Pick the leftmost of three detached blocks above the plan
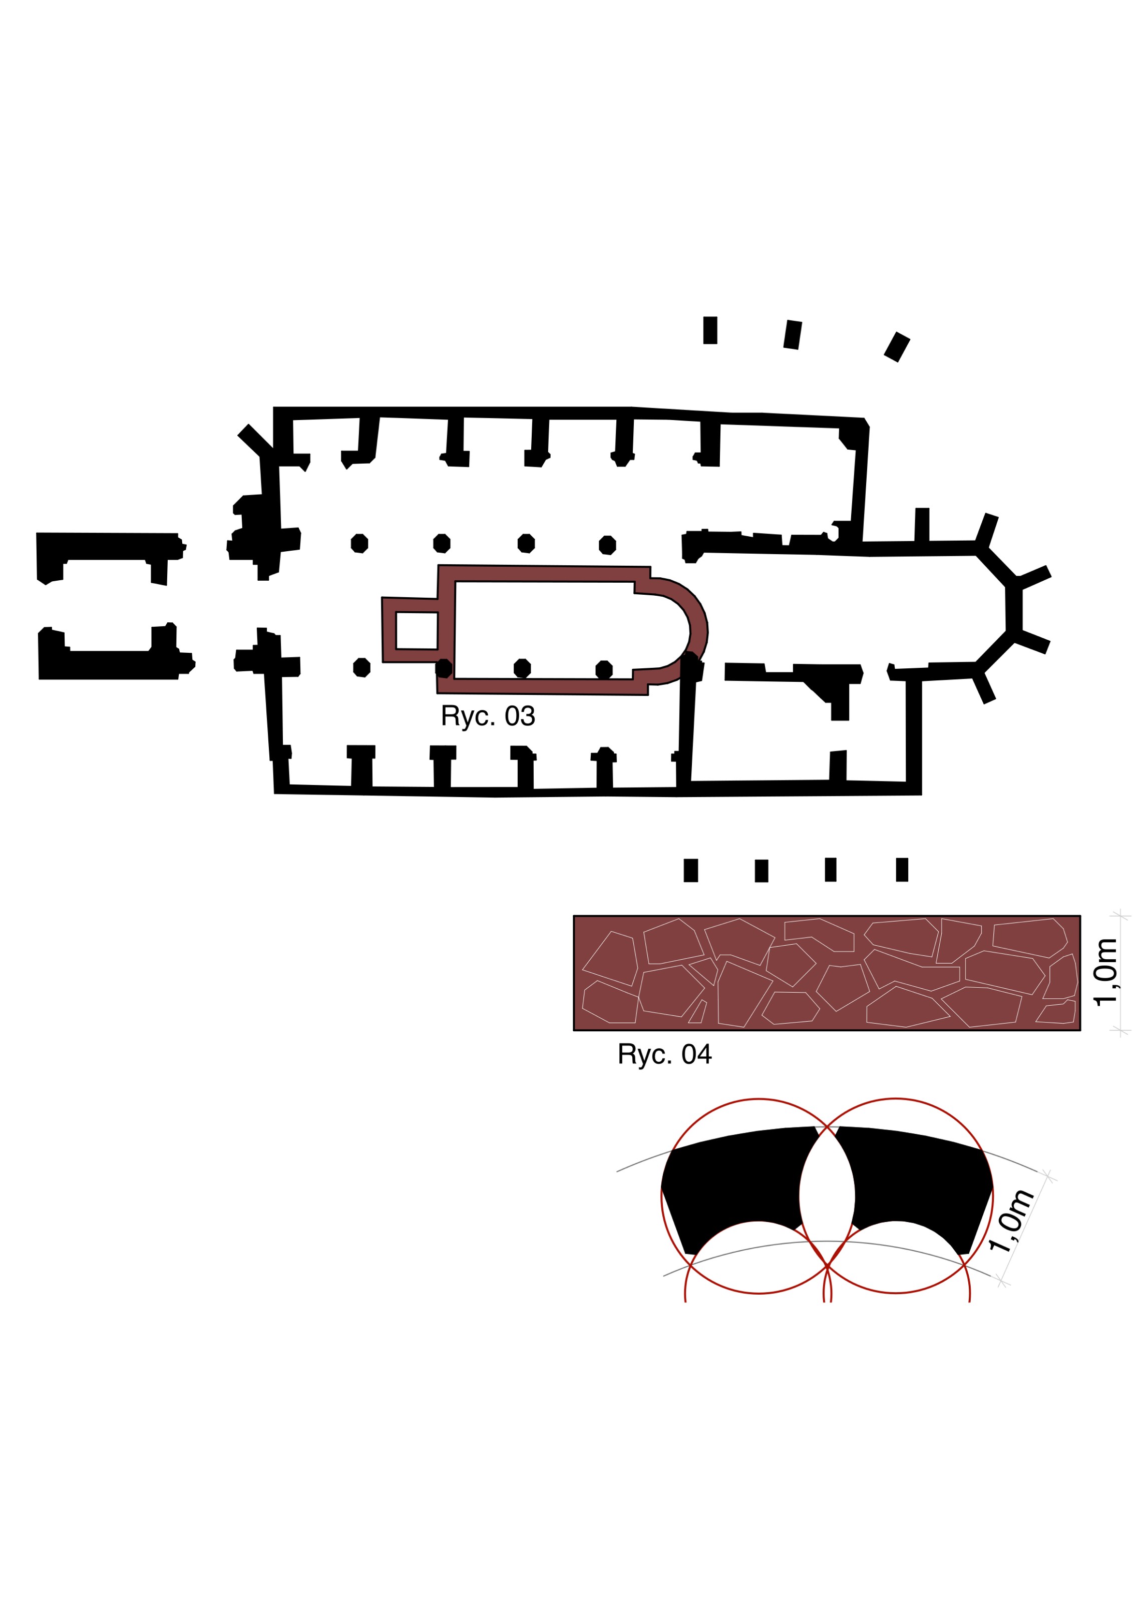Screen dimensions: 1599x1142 click(x=710, y=330)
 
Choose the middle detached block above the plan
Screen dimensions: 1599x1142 click(x=793, y=335)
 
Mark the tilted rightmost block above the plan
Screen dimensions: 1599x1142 click(x=897, y=346)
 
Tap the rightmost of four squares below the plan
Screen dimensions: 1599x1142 click(x=902, y=869)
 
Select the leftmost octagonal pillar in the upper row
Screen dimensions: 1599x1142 click(x=359, y=543)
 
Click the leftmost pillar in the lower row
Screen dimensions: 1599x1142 click(x=361, y=667)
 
